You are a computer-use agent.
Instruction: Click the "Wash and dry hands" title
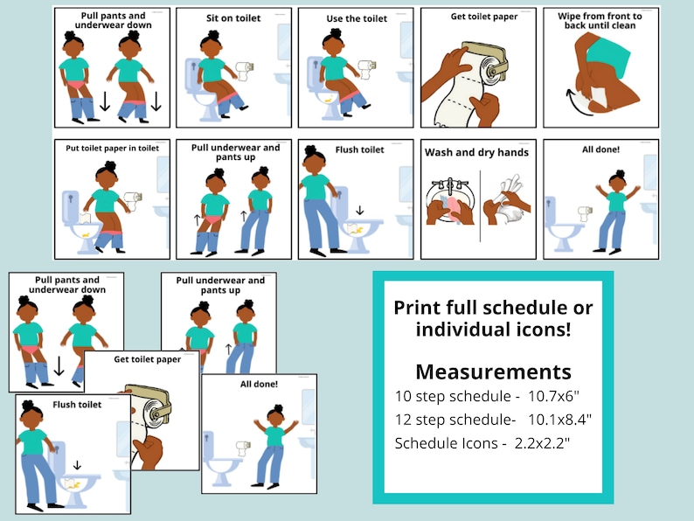[476, 152]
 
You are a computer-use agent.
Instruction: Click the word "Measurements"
[493, 371]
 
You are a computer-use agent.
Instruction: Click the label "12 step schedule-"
[455, 419]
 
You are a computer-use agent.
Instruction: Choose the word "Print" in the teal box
[418, 308]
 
